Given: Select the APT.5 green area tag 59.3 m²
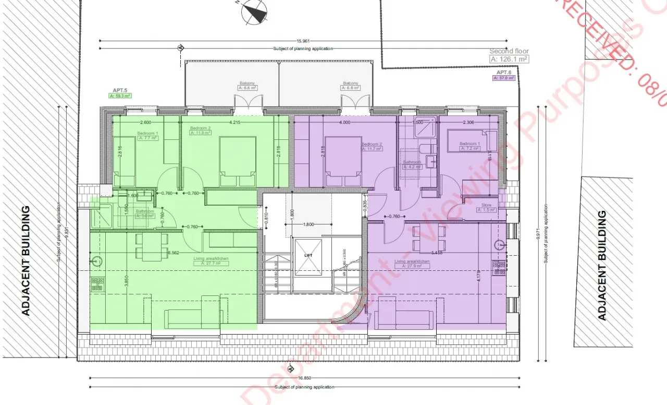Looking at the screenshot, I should [120, 96].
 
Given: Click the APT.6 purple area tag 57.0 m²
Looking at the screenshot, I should [503, 78].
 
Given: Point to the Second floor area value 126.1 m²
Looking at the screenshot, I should [509, 59].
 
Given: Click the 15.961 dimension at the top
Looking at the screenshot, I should [303, 41].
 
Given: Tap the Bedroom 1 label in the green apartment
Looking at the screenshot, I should [147, 134].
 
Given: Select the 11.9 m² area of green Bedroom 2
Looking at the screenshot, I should [200, 133].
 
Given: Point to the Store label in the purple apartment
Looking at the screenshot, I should [486, 205].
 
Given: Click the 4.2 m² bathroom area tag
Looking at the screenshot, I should [413, 167].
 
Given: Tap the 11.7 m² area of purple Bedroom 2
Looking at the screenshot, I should [372, 149].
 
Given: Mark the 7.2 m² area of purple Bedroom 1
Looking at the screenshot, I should [470, 149].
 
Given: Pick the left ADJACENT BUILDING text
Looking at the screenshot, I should [25, 261].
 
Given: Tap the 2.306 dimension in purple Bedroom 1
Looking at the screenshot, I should [467, 123].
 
